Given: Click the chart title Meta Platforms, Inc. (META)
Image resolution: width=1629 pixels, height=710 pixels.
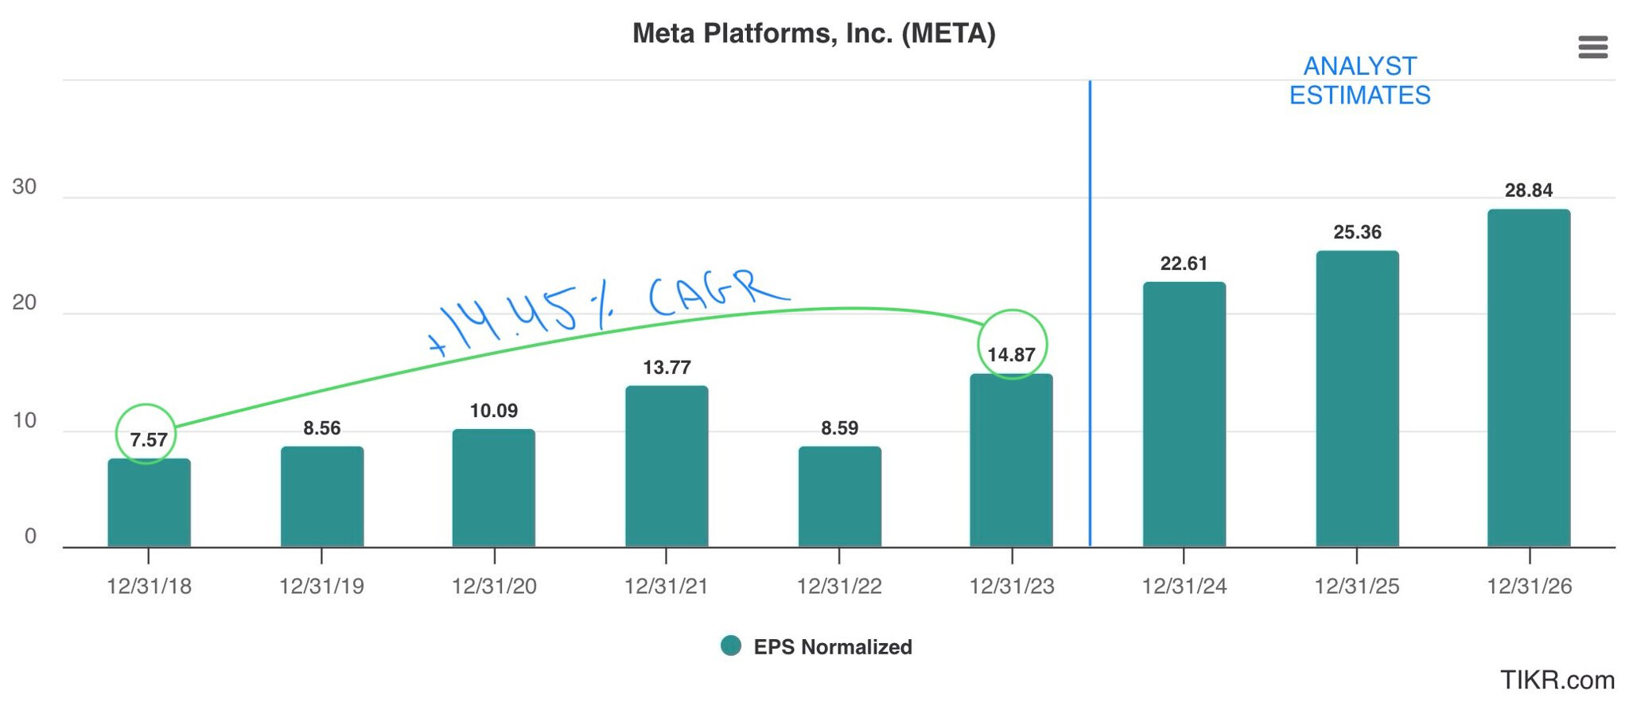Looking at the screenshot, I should point(813,33).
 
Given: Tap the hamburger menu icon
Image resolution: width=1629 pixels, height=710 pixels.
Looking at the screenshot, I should point(1592,47).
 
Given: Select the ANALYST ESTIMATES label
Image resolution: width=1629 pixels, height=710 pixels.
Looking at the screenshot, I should point(1359,80).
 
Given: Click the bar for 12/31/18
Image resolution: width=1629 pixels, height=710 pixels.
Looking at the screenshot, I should point(149,503).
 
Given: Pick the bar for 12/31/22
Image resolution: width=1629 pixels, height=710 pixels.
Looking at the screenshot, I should point(839,497).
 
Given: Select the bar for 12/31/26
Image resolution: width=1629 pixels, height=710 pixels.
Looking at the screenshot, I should point(1528,378).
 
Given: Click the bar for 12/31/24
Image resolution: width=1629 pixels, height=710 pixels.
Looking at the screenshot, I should point(1184,415).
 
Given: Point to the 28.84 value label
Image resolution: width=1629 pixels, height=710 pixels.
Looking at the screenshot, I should point(1528,190).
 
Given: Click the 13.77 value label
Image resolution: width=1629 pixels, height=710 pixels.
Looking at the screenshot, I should point(667,367).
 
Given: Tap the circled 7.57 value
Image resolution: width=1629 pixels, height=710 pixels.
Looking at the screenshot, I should point(148,439).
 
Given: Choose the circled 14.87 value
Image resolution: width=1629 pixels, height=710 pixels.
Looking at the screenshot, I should point(1011,354).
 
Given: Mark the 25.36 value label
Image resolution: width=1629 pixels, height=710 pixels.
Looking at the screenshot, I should point(1357,232).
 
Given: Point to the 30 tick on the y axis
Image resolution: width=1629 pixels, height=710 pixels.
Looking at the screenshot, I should point(25,187).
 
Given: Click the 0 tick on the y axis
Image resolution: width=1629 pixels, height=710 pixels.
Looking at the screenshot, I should point(30,536).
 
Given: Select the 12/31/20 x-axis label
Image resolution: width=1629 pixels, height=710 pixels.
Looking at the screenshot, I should point(494,587).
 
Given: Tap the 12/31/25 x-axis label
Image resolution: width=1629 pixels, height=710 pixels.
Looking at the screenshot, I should point(1356,587).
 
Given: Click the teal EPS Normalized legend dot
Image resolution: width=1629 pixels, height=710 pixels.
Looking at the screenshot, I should point(730,646).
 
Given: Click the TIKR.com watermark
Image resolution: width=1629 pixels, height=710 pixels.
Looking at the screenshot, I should point(1557,681).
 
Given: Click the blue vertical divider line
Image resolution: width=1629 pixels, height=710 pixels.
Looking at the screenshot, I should point(1090,318).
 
